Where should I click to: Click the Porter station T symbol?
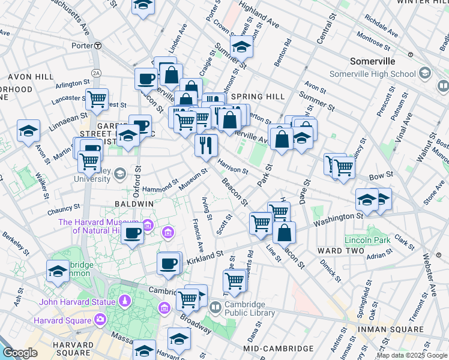pyautogui.click(x=98, y=45)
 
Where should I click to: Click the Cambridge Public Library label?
pyautogui.click(x=249, y=308)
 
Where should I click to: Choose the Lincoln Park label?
pyautogui.click(x=367, y=240)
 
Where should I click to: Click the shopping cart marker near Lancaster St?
pyautogui.click(x=97, y=100)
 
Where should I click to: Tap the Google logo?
pyautogui.click(x=20, y=353)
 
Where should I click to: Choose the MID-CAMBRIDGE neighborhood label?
pyautogui.click(x=279, y=349)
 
